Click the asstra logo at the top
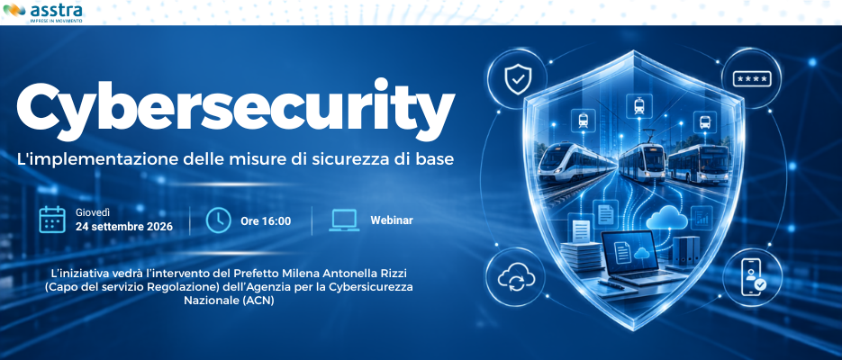coord(43,13)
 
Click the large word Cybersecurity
coord(236,110)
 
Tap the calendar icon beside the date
coord(52,220)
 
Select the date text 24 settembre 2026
coord(124,227)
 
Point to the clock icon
coord(219,220)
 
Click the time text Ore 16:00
coord(266,221)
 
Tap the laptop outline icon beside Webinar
coord(344,220)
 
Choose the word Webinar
coord(392,220)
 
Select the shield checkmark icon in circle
coord(517,79)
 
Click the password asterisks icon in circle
coord(752,79)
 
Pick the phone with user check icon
coord(752,278)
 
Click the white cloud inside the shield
coord(666,219)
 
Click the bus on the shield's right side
coord(699,163)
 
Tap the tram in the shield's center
coord(643,161)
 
